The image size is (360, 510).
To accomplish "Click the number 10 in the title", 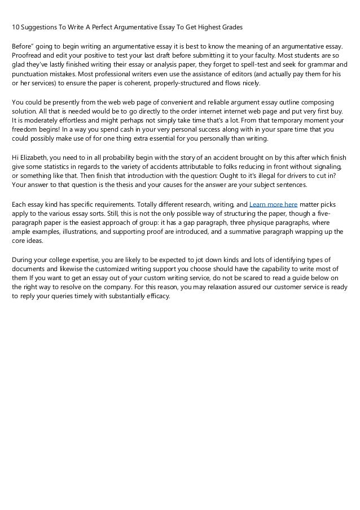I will [16, 28].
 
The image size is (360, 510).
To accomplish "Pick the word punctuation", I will [34, 75].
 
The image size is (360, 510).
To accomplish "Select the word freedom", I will [25, 130].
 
